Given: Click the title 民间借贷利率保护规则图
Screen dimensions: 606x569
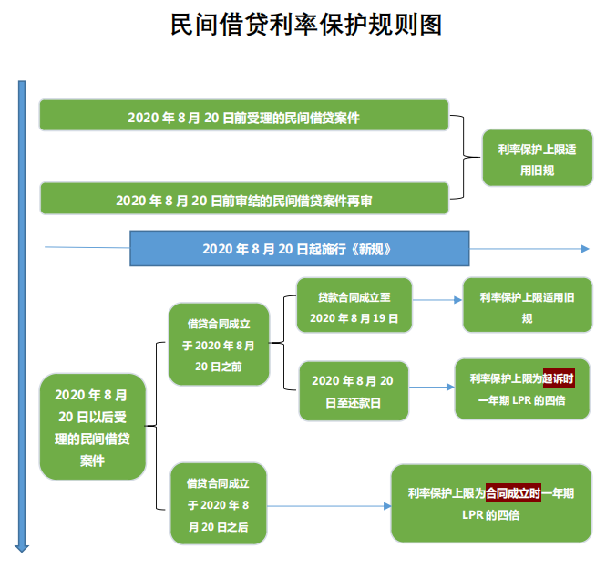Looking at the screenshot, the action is tap(306, 25).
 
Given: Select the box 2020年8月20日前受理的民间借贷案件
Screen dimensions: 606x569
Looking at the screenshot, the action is tap(244, 115).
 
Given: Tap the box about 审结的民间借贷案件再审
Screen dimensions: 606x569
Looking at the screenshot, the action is tap(244, 199).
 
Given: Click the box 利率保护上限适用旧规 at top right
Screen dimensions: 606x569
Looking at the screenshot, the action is tap(538, 158).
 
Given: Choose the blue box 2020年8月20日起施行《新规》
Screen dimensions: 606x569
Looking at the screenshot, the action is tap(300, 248).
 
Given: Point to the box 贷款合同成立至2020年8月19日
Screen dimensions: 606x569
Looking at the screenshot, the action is tap(354, 305).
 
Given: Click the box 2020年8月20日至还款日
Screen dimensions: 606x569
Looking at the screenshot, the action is tap(354, 391).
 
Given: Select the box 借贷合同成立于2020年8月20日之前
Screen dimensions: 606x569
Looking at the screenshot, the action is tap(219, 345).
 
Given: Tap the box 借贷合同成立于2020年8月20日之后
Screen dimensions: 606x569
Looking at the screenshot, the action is tap(219, 503).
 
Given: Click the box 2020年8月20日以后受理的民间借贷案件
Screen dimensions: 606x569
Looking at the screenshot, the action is tap(92, 427).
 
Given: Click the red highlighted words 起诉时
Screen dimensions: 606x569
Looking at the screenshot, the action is tap(559, 378).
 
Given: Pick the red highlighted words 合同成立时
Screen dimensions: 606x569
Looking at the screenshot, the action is tap(513, 492).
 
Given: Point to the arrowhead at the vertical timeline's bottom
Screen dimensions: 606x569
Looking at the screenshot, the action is tap(22, 548).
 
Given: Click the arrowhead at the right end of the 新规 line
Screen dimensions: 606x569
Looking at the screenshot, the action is tap(585, 249).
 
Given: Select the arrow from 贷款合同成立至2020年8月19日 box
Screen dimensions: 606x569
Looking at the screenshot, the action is tap(437, 300).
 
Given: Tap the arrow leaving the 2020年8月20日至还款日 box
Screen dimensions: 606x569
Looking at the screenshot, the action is tap(432, 387).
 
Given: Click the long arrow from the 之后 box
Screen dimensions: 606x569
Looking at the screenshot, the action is tap(329, 506).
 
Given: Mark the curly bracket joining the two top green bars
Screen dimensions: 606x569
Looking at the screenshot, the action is tap(464, 157).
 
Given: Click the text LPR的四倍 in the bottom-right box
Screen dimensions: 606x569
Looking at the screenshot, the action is tap(491, 515).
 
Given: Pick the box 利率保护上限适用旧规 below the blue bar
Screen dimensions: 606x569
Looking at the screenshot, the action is tap(528, 305).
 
